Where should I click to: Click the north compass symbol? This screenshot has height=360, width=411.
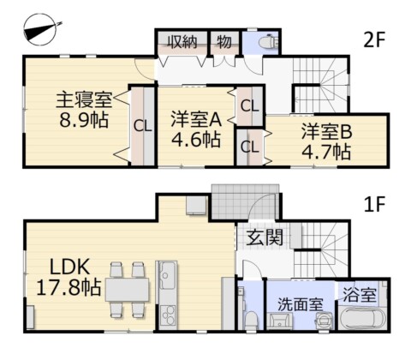coord(40,29)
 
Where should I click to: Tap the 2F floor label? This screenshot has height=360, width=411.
coord(374,40)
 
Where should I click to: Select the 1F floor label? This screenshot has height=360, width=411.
coord(374,204)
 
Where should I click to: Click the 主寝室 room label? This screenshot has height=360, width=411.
coord(84,100)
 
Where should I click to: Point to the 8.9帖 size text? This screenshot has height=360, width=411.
coord(84,120)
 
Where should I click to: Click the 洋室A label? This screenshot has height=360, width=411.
coord(196,119)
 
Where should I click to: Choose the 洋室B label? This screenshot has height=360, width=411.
coord(327,132)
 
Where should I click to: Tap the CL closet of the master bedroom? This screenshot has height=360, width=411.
coord(142,126)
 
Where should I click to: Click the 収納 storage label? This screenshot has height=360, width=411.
coord(182,42)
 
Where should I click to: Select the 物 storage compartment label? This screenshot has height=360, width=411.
coord(224,42)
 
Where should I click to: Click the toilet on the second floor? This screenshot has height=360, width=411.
coord(268,42)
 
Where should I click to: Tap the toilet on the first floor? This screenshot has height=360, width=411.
coord(251,320)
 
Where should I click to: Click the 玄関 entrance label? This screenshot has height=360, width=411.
coord(265,237)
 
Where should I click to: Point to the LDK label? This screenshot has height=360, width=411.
coord(69,267)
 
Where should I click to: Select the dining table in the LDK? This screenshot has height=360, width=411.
coord(127,290)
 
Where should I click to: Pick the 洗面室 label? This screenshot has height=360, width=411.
coord(301,304)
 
